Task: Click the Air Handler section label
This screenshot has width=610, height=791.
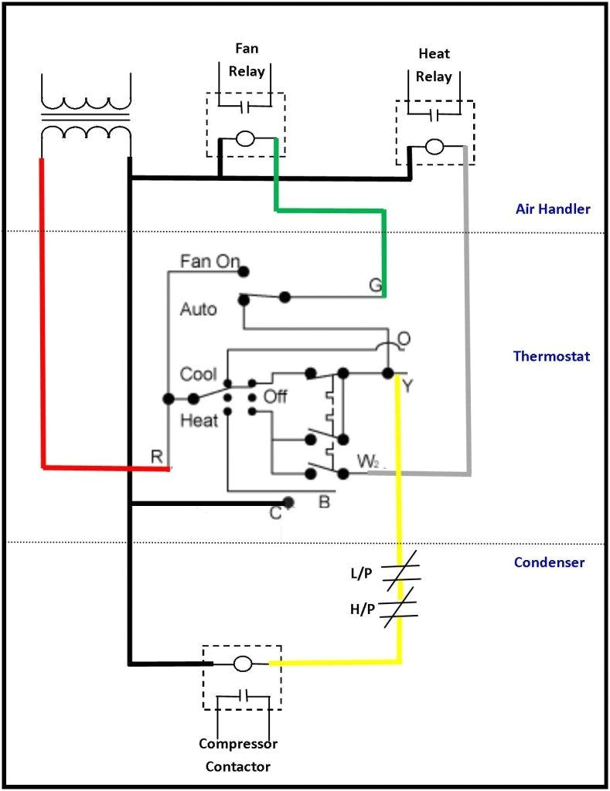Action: [x=553, y=209]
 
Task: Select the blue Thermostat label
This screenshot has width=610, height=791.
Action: [x=551, y=356]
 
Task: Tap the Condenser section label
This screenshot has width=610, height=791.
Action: [x=549, y=562]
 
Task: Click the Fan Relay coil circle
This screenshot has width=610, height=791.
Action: [x=245, y=139]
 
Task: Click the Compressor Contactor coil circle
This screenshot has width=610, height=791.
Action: [x=242, y=663]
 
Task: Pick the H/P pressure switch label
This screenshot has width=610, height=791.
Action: [x=362, y=609]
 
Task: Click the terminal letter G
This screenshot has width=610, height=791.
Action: [x=375, y=286]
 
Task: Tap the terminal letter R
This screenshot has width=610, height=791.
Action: [x=157, y=457]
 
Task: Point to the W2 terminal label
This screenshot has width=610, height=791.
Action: [x=368, y=462]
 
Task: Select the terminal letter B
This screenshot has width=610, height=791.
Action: [x=325, y=503]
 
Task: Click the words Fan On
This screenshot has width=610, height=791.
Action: [x=210, y=261]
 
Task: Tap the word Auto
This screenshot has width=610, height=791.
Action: [x=198, y=309]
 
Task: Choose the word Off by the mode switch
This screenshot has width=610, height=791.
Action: [x=275, y=396]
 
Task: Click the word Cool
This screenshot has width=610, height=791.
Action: [x=198, y=374]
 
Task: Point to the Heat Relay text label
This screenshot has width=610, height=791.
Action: [x=434, y=65]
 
